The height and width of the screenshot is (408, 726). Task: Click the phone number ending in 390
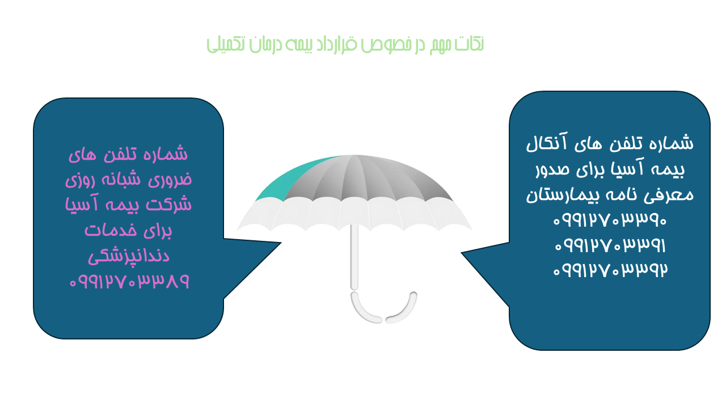tap(610, 220)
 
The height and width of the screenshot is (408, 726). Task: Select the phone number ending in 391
tap(610, 245)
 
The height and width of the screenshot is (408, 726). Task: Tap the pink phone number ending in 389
tap(129, 281)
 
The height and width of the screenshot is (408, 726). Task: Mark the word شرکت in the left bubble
tap(172, 205)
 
